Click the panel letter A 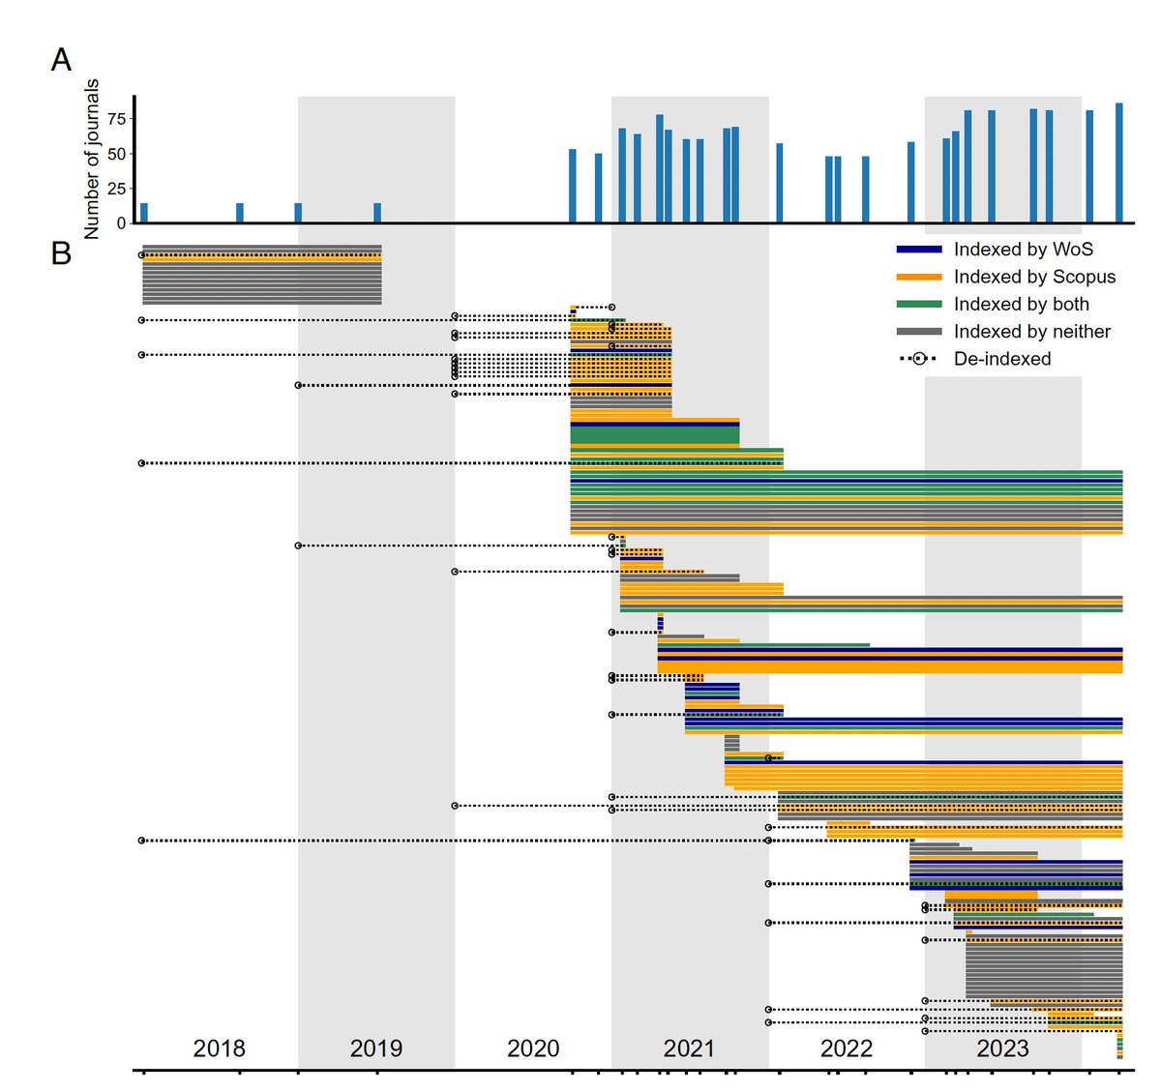click(61, 60)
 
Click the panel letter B click(61, 253)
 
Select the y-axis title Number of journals click(92, 160)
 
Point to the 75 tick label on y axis click(116, 119)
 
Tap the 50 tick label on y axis click(116, 154)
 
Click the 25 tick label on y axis click(116, 189)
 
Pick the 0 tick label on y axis click(121, 223)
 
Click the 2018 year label click(219, 1048)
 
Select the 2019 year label click(375, 1048)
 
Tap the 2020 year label click(533, 1048)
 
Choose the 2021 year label click(689, 1048)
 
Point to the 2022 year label click(847, 1048)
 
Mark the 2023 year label click(1002, 1048)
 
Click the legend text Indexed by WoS click(1023, 250)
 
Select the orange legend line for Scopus click(918, 277)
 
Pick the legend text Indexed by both click(1021, 304)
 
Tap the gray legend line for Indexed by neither click(918, 332)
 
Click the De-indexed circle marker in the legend click(918, 359)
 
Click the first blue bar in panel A click(144, 213)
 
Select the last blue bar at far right click(1118, 162)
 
